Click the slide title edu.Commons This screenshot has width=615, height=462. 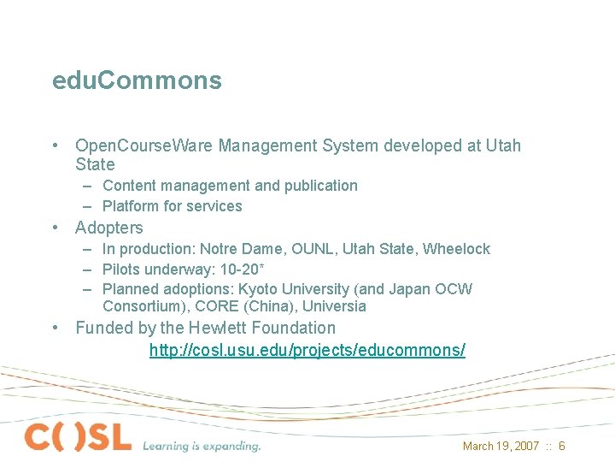pyautogui.click(x=137, y=80)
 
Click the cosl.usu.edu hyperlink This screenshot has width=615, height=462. pyautogui.click(x=307, y=350)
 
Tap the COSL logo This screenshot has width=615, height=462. pyautogui.click(x=79, y=436)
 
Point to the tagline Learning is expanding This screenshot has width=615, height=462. pyautogui.click(x=202, y=446)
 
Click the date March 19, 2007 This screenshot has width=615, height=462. pyautogui.click(x=501, y=446)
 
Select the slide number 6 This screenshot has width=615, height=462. pyautogui.click(x=562, y=446)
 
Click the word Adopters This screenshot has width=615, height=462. pyautogui.click(x=109, y=228)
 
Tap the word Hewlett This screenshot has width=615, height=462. pyautogui.click(x=226, y=328)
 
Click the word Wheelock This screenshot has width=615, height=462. pyautogui.click(x=457, y=249)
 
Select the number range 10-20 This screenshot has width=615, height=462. pyautogui.click(x=243, y=269)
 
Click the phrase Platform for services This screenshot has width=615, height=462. pyautogui.click(x=172, y=206)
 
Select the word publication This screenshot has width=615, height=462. pyautogui.click(x=320, y=186)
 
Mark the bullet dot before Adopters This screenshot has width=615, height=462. pyautogui.click(x=55, y=228)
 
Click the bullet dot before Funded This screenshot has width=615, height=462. pyautogui.click(x=55, y=328)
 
